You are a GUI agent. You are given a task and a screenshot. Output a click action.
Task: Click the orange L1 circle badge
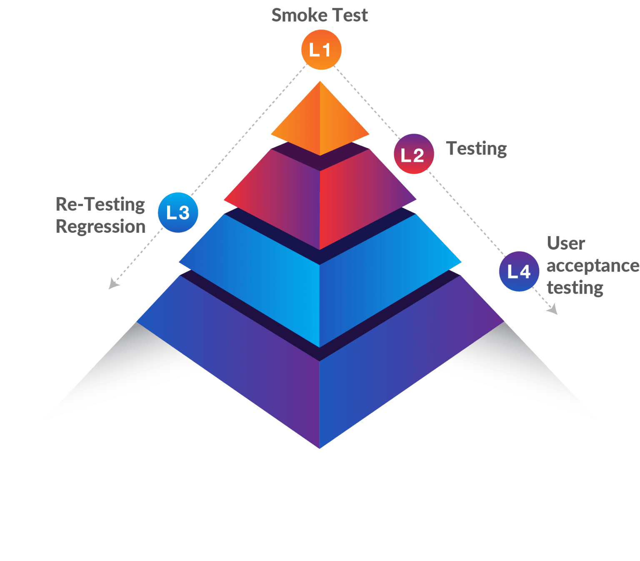(321, 50)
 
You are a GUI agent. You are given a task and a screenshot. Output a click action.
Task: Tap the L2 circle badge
(413, 154)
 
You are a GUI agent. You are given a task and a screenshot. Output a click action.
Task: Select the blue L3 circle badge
(178, 212)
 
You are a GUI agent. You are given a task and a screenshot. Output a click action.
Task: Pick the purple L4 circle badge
(519, 272)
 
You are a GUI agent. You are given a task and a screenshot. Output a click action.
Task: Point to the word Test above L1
(350, 15)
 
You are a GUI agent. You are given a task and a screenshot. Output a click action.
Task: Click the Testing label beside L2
(476, 149)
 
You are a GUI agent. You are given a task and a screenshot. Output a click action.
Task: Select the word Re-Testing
(100, 204)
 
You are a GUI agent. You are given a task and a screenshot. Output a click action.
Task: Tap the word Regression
(100, 227)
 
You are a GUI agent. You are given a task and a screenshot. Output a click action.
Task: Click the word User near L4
(565, 243)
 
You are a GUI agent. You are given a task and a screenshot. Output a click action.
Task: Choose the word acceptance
(592, 265)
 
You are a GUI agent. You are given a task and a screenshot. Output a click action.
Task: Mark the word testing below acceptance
(575, 287)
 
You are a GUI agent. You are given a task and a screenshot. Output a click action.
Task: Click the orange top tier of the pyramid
(320, 121)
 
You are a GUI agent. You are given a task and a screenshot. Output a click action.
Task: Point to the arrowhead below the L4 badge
(553, 310)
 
